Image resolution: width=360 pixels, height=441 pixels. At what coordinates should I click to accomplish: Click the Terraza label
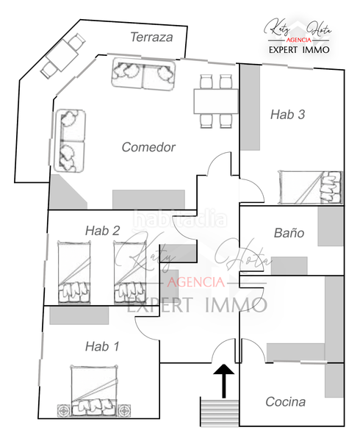click(151, 37)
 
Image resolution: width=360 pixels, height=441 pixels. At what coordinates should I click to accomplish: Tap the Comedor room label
click(148, 147)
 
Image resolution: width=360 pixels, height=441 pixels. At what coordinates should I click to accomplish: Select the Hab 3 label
click(287, 114)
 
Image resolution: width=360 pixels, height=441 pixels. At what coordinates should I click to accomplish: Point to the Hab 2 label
click(102, 230)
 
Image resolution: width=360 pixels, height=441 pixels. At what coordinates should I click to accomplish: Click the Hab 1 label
click(101, 345)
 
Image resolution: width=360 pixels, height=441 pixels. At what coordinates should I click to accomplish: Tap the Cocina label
click(285, 402)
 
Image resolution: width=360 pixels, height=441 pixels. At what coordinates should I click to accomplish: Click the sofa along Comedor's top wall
click(145, 75)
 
